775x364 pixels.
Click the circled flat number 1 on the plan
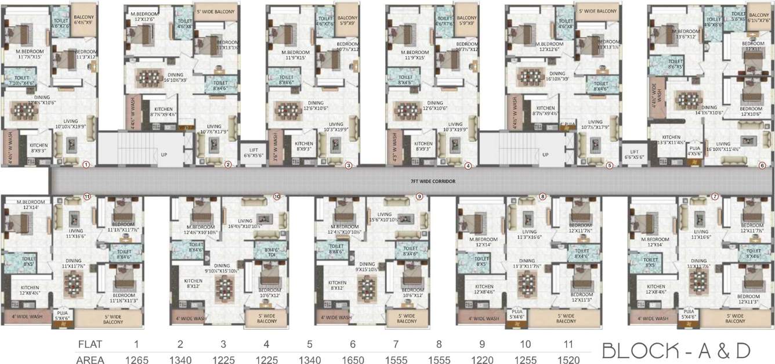tap(86, 164)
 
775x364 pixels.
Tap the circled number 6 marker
tap(762, 164)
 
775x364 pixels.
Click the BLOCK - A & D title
tap(676, 351)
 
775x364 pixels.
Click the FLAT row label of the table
tap(90, 344)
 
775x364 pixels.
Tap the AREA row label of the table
tap(90, 360)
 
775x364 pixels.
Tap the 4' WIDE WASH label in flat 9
tap(336, 318)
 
